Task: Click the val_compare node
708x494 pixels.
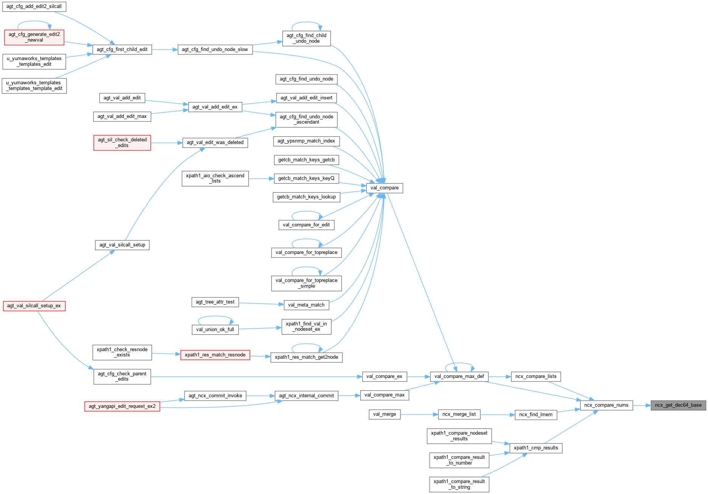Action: [384, 188]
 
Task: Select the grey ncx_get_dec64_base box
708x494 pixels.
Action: [678, 405]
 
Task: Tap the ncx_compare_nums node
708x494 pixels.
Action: [606, 405]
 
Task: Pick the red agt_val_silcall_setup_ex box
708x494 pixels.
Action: [34, 306]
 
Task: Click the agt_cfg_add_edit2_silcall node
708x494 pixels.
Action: [34, 6]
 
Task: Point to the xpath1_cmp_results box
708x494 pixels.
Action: [536, 448]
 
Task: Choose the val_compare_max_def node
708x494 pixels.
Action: [459, 376]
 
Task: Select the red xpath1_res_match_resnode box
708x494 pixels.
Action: [215, 355]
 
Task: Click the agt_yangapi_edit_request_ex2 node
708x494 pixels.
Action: [122, 406]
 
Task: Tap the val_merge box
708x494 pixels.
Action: [384, 414]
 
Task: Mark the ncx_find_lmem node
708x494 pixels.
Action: [536, 415]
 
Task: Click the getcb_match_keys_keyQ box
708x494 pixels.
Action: [306, 178]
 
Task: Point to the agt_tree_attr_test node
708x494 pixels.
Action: [215, 302]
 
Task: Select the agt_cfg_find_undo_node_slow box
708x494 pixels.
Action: [215, 50]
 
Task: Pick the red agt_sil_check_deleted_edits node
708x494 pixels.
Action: [122, 142]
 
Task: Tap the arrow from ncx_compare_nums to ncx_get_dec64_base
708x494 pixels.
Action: [641, 405]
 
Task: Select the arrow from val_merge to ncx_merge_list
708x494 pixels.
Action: [419, 414]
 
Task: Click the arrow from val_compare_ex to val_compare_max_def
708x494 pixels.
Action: [418, 376]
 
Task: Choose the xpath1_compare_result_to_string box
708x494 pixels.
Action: [459, 484]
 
